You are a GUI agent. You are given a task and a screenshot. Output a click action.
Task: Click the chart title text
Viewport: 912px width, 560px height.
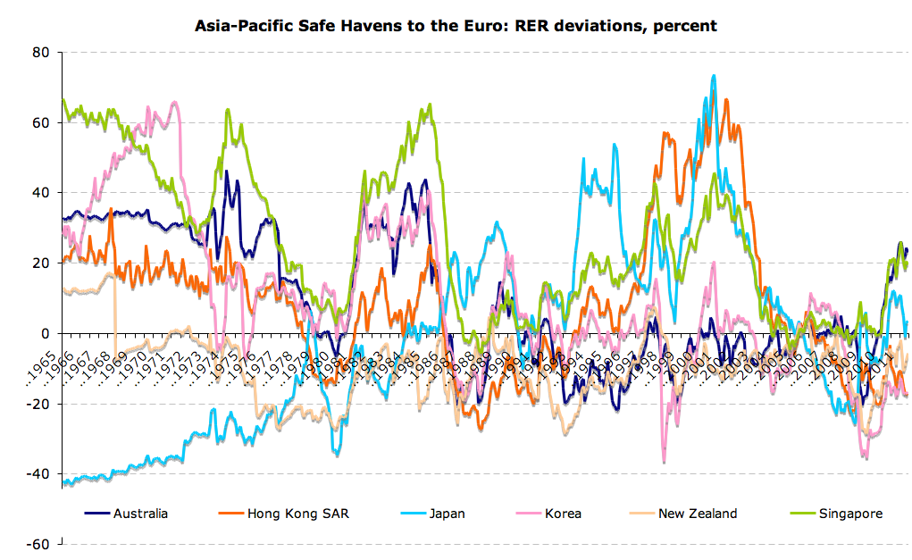456,26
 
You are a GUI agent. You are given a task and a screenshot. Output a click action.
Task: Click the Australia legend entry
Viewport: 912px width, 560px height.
140,513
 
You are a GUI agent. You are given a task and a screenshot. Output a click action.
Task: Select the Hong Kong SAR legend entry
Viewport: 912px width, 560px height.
285,513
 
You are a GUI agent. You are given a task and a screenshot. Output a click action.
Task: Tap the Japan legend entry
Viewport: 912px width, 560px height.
447,513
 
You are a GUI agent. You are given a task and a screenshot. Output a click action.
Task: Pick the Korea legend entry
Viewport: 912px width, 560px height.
563,513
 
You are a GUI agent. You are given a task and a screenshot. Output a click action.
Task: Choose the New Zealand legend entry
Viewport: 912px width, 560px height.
698,513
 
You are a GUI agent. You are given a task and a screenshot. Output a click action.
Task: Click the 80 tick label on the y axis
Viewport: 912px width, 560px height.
40,52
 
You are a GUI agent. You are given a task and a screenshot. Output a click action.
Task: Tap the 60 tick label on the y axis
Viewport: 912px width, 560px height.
40,122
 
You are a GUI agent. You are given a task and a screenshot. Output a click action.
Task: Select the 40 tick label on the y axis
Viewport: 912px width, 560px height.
40,192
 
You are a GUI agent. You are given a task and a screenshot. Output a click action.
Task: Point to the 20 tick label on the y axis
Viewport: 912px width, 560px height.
40,263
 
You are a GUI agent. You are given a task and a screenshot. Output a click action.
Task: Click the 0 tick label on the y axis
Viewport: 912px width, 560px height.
44,333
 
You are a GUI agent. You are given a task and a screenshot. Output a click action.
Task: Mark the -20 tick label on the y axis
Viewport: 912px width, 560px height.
38,404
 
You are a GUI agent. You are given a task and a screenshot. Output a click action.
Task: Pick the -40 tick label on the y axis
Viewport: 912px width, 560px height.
38,473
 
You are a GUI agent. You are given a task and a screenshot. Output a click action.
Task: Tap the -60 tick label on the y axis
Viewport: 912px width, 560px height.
38,544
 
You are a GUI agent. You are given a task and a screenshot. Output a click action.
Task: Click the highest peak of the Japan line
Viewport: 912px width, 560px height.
713,76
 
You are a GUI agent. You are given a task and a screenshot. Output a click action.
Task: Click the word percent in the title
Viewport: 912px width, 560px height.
686,26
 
